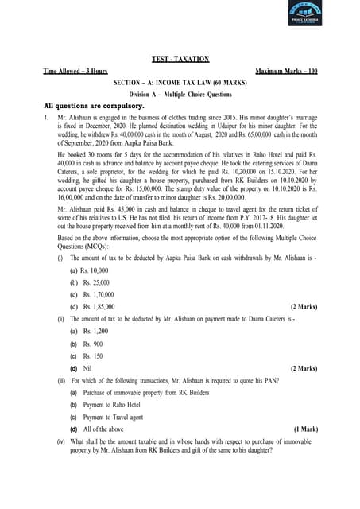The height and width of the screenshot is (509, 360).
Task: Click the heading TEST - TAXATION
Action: point(180,60)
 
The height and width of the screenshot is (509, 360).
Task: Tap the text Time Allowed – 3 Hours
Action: point(75,72)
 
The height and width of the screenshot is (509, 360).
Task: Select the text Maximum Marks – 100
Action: point(285,72)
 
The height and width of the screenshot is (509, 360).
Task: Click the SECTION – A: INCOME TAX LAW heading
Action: point(180,83)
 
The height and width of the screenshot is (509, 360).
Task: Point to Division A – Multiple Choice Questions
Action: point(180,94)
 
